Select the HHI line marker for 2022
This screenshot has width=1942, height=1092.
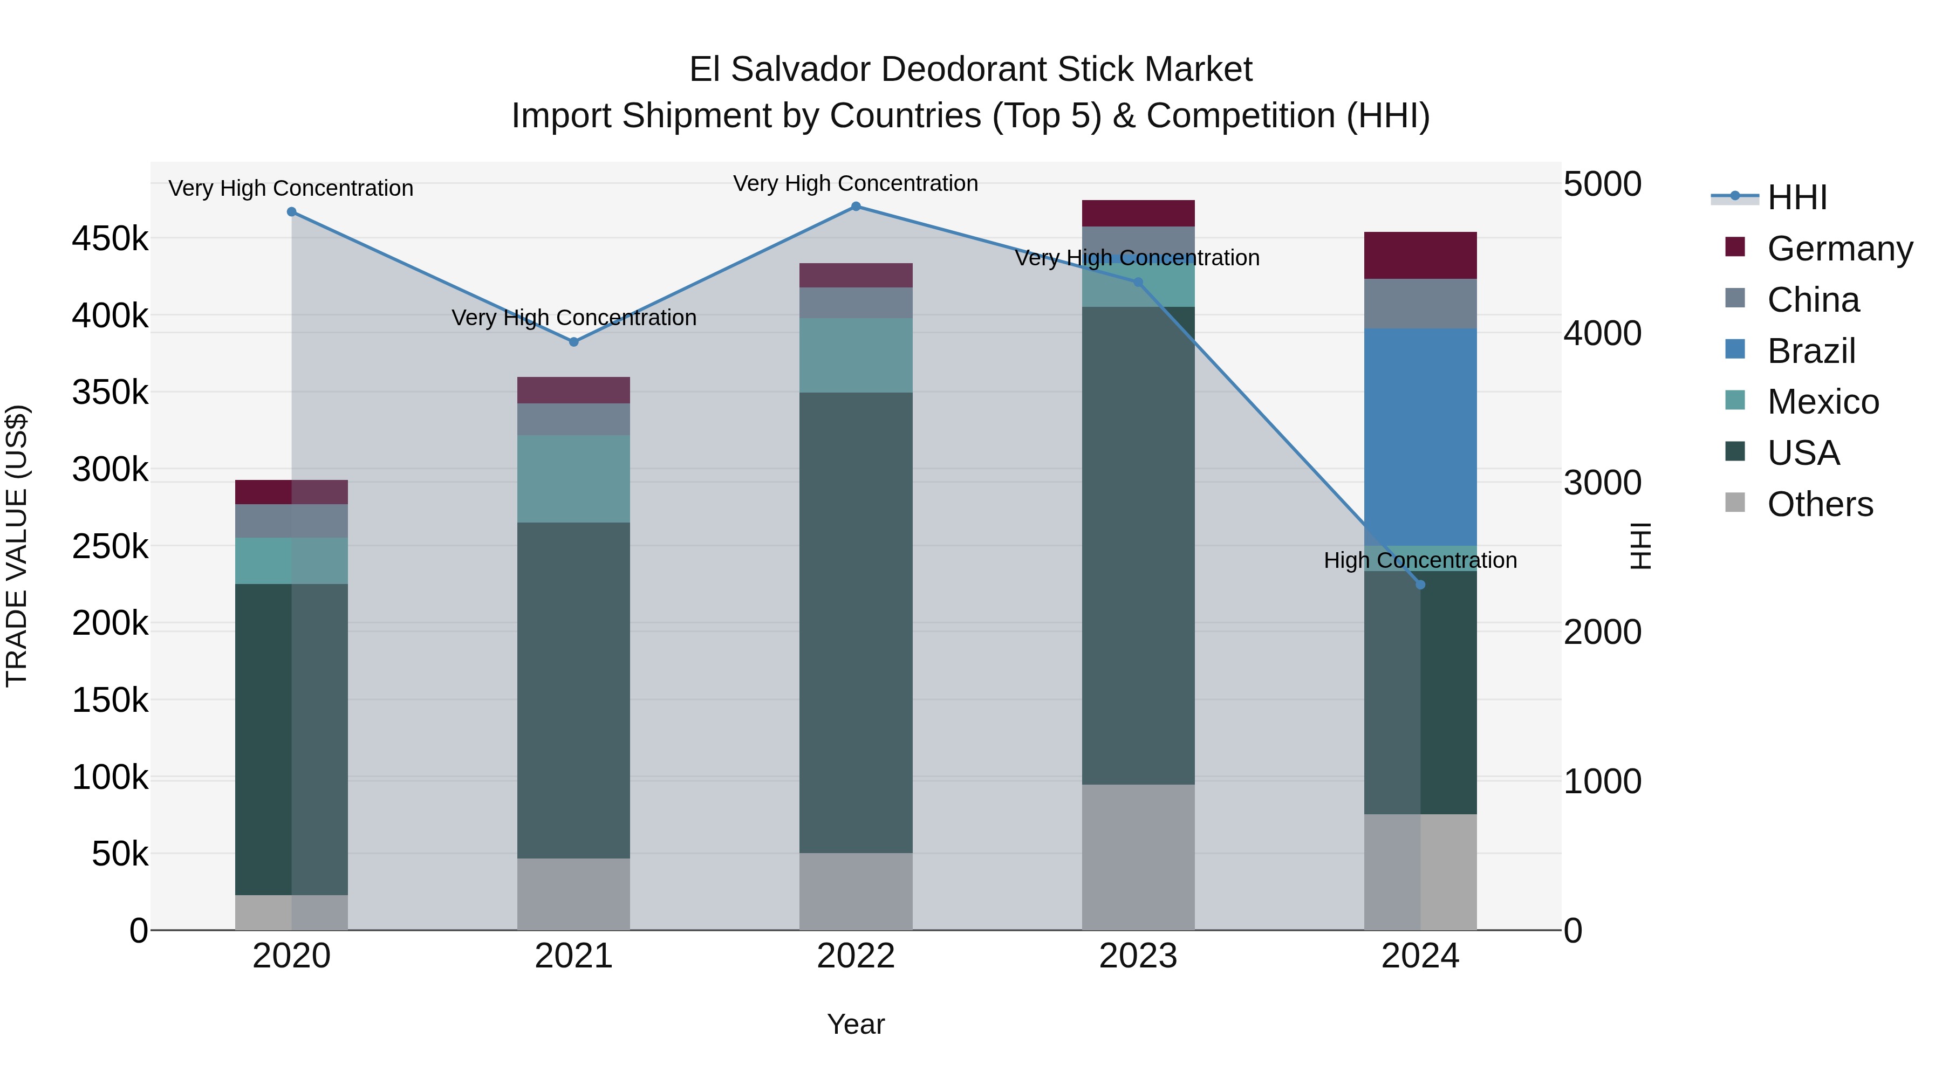pos(856,207)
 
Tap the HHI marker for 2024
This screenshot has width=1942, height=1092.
pos(1420,585)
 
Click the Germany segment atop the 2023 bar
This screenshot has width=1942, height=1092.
pos(1138,213)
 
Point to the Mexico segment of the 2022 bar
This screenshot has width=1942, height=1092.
pos(856,355)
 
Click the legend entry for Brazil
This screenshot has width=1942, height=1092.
pos(1811,351)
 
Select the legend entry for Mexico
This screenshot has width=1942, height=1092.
pos(1822,402)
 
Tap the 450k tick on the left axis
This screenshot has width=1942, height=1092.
pos(110,239)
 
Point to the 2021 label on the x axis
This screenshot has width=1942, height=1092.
pos(574,956)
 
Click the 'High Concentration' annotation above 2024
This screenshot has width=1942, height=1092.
pos(1420,561)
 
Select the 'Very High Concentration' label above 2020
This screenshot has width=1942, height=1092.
pos(291,188)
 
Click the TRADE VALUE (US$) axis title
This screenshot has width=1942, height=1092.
pos(17,546)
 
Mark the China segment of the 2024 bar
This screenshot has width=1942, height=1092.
pos(1420,304)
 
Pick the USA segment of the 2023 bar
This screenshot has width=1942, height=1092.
pos(1138,546)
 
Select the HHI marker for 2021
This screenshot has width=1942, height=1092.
pos(574,342)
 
